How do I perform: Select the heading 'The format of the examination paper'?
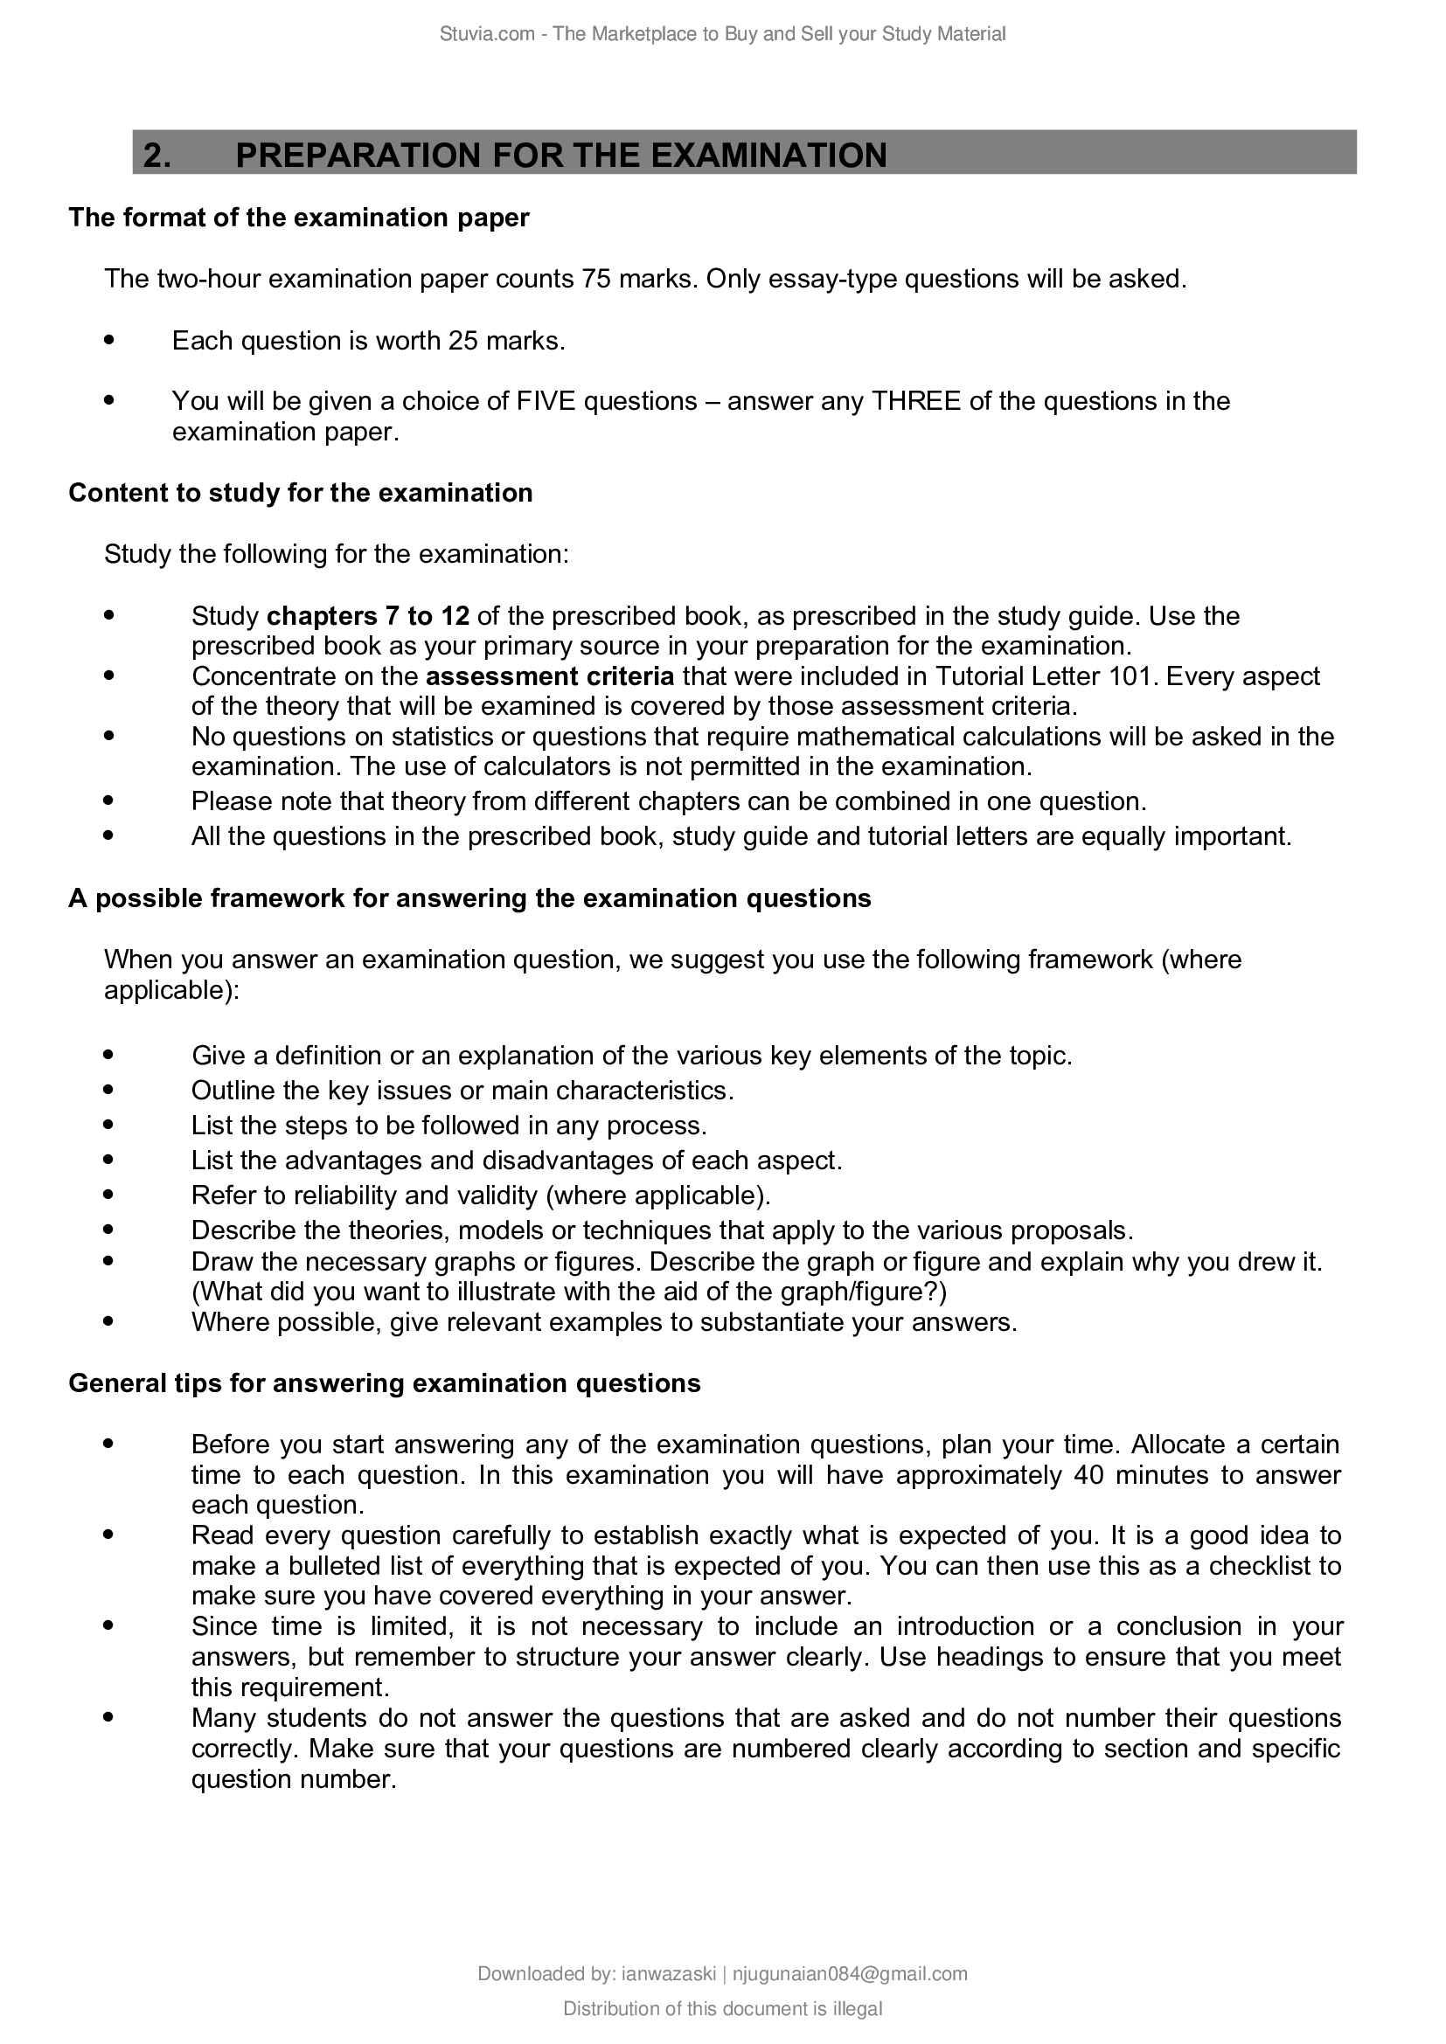pyautogui.click(x=299, y=218)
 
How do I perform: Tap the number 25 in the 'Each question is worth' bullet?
pyautogui.click(x=464, y=341)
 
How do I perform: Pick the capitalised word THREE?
pyautogui.click(x=916, y=401)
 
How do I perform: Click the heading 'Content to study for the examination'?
pyautogui.click(x=301, y=493)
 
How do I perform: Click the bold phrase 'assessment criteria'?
pyautogui.click(x=550, y=676)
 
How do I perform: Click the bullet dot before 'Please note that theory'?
pyautogui.click(x=109, y=800)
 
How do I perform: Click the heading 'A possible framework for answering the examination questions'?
pyautogui.click(x=470, y=898)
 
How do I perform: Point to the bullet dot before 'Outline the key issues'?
pyautogui.click(x=109, y=1089)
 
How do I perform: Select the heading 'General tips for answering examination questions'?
pyautogui.click(x=385, y=1383)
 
